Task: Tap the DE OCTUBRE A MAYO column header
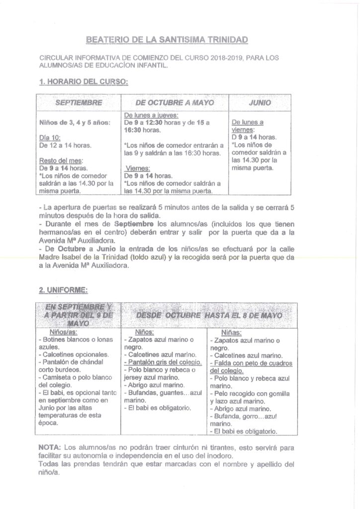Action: [174, 103]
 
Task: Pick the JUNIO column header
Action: [260, 103]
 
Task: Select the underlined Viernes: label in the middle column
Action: [137, 168]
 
